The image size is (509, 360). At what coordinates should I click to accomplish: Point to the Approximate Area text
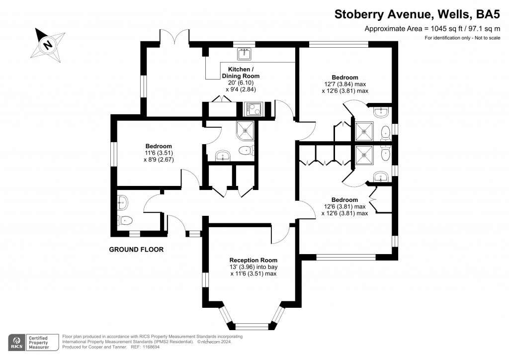point(432,29)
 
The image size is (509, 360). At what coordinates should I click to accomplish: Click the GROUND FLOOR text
point(136,250)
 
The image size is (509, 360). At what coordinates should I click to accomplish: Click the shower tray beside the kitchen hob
point(246,130)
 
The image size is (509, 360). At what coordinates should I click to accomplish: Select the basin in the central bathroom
point(222,156)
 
